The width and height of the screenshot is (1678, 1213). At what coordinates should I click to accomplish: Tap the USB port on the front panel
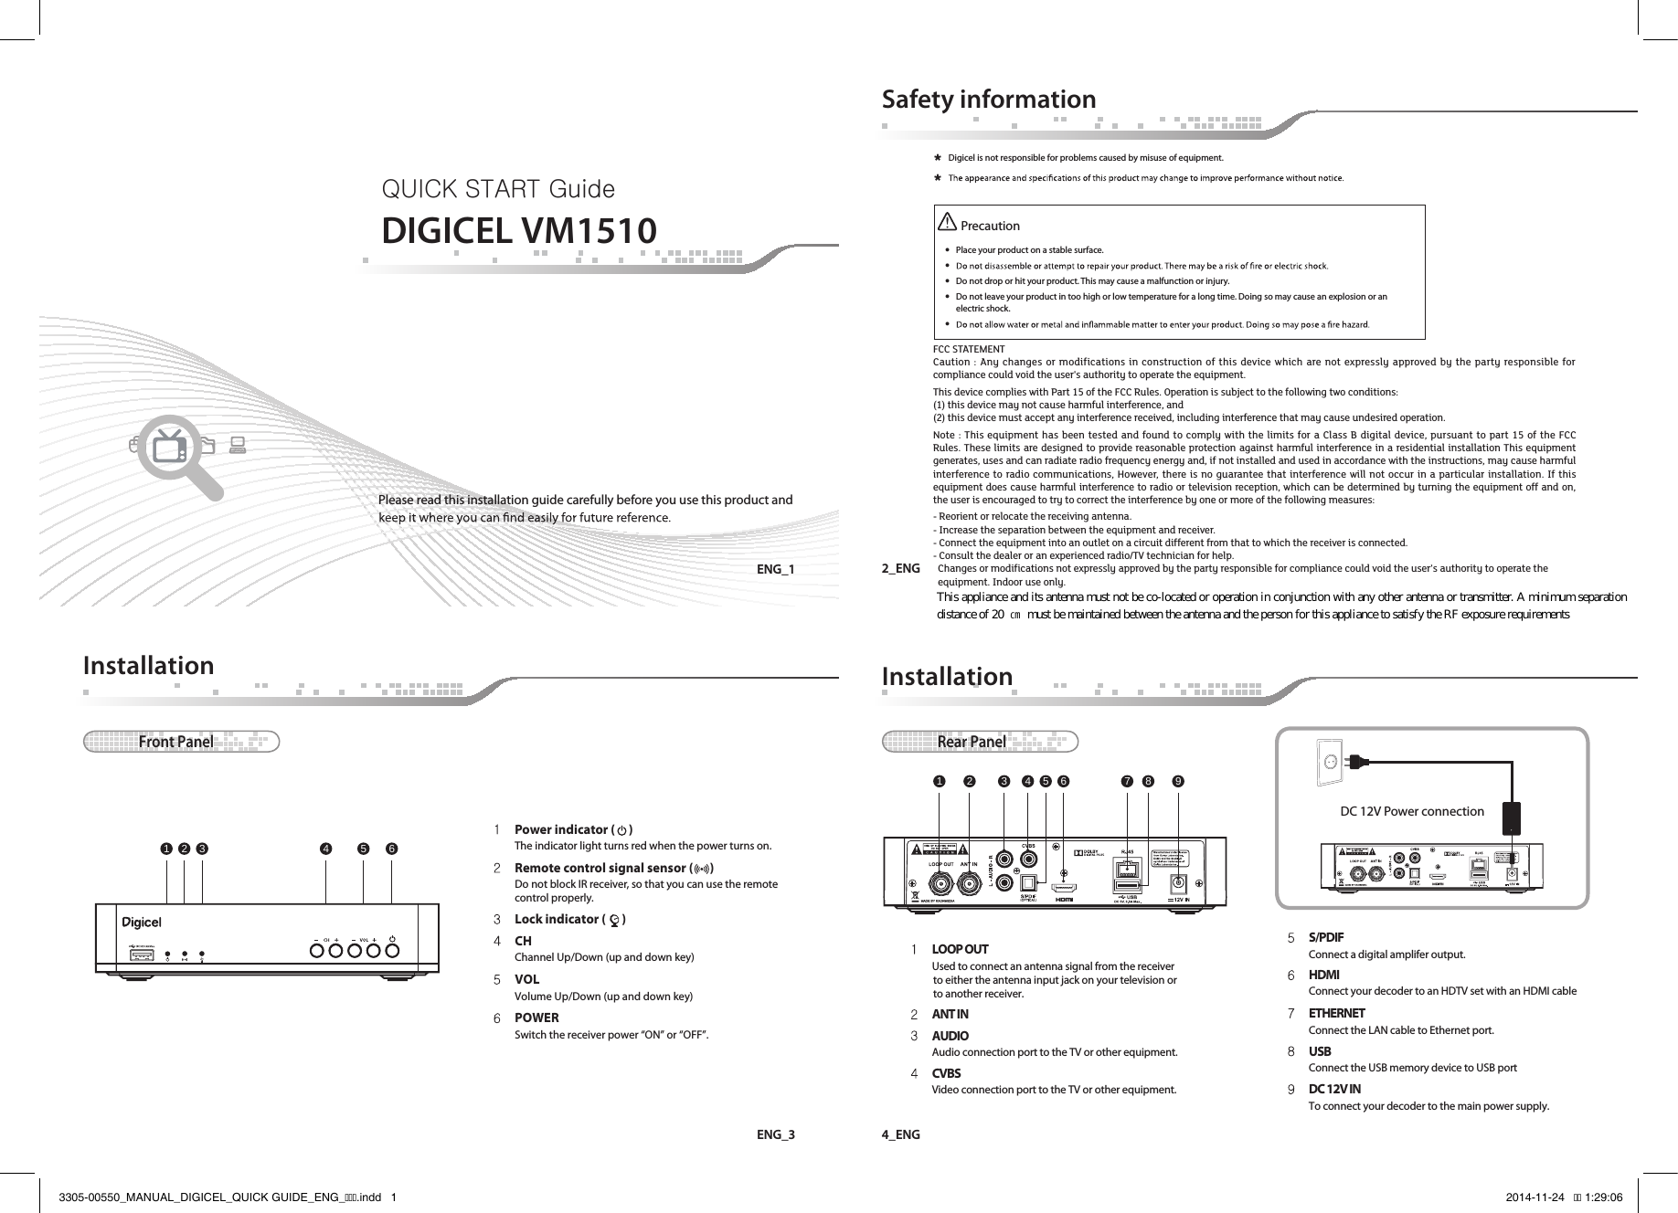coord(142,955)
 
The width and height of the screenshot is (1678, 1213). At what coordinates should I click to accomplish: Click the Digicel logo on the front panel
coord(142,921)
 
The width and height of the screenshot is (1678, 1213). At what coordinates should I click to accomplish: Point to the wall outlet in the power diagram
coord(1331,763)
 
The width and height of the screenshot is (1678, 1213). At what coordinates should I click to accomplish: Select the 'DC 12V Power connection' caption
coord(1411,811)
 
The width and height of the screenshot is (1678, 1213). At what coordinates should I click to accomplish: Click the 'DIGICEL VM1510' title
coord(518,231)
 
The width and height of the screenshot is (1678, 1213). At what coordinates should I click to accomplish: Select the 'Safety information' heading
coord(988,99)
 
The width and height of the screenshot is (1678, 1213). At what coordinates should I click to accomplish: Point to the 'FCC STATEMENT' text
coord(968,350)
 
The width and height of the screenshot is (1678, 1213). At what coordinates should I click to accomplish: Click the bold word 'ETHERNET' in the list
coord(1336,1013)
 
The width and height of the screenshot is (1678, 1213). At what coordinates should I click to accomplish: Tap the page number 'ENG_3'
coord(775,1135)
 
